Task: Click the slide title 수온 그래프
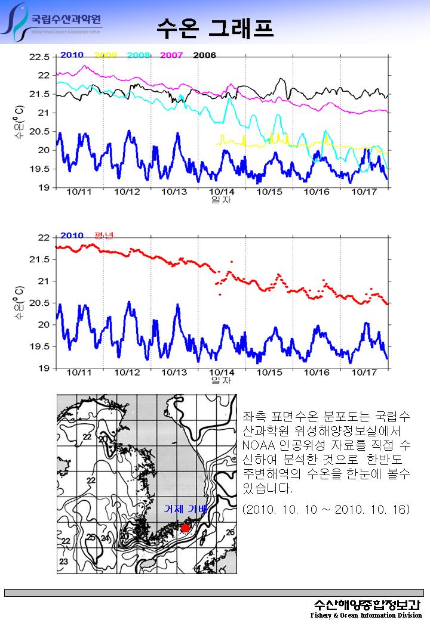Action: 216,27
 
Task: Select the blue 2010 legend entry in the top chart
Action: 72,55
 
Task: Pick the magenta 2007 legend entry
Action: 171,55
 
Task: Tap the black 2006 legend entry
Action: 204,55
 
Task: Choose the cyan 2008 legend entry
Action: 139,55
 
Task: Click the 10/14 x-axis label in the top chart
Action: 221,192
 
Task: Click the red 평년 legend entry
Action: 104,235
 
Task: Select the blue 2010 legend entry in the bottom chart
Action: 72,235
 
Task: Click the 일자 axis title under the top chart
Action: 221,200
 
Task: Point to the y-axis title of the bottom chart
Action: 20,302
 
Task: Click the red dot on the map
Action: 185,528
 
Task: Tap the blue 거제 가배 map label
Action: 185,509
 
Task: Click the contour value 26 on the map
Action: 230,532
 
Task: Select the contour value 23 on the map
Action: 63,562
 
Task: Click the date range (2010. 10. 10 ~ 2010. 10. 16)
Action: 325,510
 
